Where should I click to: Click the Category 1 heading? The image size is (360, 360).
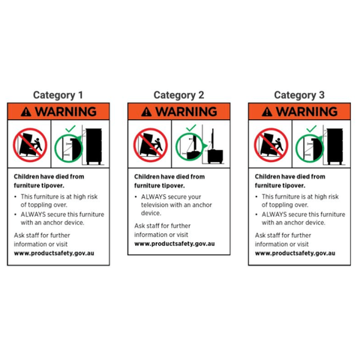[x=58, y=95]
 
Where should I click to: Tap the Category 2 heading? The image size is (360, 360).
[x=178, y=95]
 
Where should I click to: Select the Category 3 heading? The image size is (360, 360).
[x=299, y=95]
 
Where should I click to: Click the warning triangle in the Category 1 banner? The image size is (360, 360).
[x=26, y=112]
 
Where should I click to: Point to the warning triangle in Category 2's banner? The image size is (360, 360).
[x=146, y=112]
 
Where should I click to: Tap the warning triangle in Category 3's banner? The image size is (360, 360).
[x=267, y=112]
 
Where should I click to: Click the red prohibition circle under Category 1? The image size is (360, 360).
[x=13, y=145]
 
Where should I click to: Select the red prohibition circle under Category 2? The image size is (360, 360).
[x=134, y=145]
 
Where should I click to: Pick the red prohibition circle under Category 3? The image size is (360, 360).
[x=255, y=145]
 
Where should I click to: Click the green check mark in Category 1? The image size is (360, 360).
[x=70, y=129]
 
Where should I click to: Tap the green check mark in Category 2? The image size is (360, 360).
[x=191, y=128]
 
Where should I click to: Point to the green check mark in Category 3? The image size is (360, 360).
[x=311, y=129]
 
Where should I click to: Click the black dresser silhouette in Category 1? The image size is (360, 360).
[x=94, y=146]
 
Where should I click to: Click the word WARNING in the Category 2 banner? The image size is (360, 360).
[x=186, y=112]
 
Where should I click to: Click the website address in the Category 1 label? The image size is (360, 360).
[x=54, y=253]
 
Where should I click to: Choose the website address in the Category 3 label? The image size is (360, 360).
[x=295, y=253]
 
